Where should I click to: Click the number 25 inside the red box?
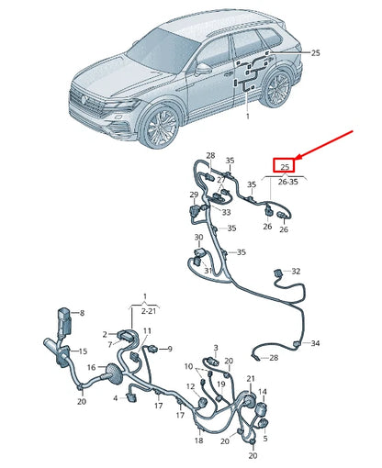[x=285, y=166]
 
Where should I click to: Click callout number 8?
[x=81, y=313]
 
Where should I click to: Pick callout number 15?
[x=82, y=351]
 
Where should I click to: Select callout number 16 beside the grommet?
[x=91, y=367]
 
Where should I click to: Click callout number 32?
[x=295, y=272]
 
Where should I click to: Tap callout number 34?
[x=315, y=343]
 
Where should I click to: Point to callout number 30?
[x=198, y=238]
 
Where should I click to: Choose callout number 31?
[x=208, y=271]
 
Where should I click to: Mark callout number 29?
[x=194, y=195]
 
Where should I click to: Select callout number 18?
[x=198, y=441]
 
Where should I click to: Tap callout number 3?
[x=215, y=348]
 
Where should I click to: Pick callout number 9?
[x=168, y=349]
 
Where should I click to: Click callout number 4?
[x=116, y=397]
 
